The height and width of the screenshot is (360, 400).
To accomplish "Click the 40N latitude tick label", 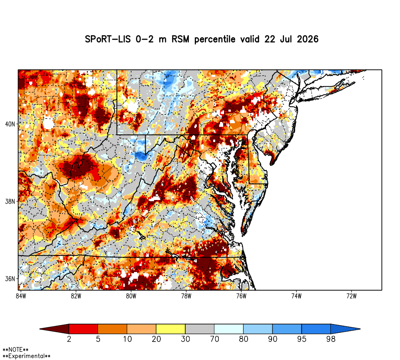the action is click(10, 124).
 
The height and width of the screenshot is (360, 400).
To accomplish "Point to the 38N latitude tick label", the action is click(10, 202).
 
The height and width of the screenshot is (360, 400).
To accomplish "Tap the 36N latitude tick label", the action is click(10, 279).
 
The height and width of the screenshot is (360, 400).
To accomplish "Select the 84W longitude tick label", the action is click(21, 296).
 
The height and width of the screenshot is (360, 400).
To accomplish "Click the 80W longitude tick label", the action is click(131, 296).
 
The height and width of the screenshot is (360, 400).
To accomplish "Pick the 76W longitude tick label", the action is click(241, 296).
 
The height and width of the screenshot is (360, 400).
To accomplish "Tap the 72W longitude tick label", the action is click(352, 296).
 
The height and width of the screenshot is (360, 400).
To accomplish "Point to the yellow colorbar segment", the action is click(171, 329).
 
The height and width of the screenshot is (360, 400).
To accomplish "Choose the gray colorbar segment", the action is click(200, 329).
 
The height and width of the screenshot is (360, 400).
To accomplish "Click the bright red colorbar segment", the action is click(84, 329).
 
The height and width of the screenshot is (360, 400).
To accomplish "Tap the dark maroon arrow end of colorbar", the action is click(54, 329).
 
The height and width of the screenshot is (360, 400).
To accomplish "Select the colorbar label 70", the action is click(214, 339).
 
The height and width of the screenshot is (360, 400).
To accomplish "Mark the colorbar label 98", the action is click(331, 339).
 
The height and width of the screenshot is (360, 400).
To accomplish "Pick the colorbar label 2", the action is click(69, 339).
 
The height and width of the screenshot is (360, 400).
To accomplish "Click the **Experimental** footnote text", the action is click(26, 356).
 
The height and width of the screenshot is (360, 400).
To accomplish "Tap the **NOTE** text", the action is click(16, 350).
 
